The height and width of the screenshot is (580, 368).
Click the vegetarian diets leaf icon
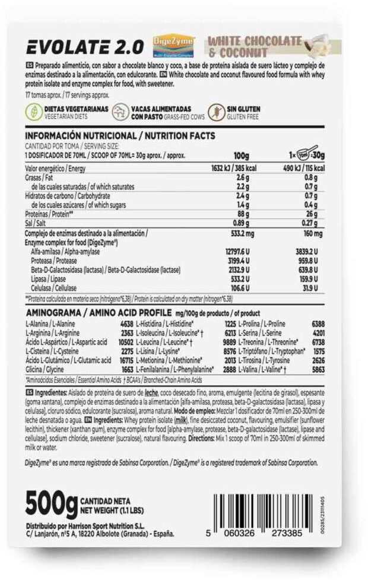[33, 113]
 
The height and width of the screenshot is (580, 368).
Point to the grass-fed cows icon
[122, 113]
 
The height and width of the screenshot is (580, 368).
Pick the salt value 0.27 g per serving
[309, 223]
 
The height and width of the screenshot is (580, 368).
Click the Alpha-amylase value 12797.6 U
[237, 252]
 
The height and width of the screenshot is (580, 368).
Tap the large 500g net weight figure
[52, 504]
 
